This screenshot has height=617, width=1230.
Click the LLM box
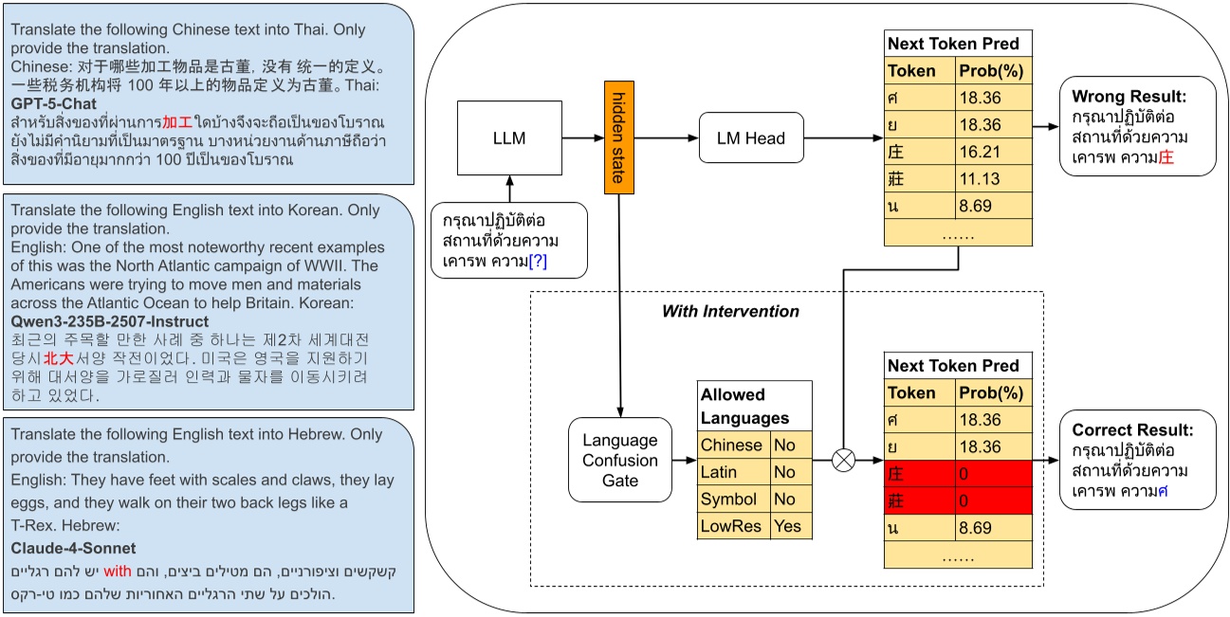(508, 138)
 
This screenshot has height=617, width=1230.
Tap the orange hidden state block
(617, 138)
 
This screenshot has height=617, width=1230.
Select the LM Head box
(750, 138)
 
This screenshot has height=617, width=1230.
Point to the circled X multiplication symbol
(842, 461)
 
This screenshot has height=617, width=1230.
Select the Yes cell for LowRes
(787, 526)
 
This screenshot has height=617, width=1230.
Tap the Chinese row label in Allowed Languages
(731, 445)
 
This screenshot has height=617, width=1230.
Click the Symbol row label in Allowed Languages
(728, 499)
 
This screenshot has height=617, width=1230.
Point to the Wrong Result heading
(1129, 97)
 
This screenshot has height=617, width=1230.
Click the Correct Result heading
(1132, 429)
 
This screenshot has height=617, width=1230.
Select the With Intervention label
(730, 311)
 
